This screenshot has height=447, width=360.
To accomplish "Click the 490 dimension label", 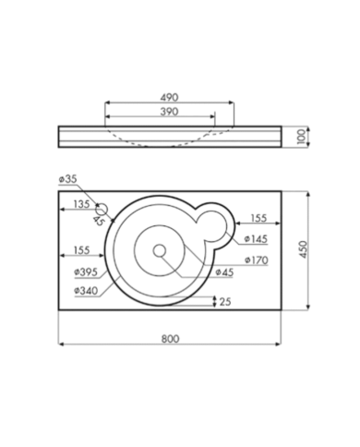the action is tap(169, 97).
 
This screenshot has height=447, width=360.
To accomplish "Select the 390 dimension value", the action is tap(169, 112).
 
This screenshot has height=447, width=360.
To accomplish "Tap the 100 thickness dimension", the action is tap(302, 137).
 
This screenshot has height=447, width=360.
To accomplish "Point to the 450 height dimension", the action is tap(303, 249).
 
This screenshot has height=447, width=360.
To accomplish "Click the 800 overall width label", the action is tap(170, 339).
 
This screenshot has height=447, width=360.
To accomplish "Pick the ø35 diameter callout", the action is tap(67, 179).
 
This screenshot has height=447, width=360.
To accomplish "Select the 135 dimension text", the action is tap(81, 204).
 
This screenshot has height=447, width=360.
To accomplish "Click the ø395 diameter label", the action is tap(86, 272).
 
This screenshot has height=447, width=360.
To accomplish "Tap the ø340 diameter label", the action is tap(86, 291).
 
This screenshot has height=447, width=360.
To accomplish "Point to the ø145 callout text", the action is tap(256, 239).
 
